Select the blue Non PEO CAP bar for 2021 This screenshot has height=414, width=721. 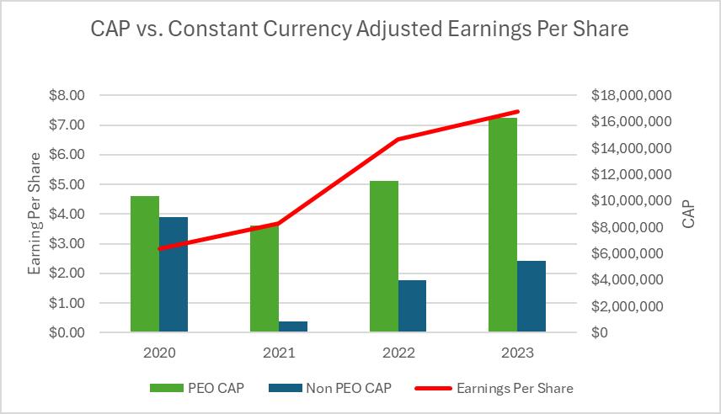pyautogui.click(x=292, y=326)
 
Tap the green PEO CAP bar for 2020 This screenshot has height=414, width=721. pyautogui.click(x=145, y=264)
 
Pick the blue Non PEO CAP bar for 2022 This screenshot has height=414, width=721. pyautogui.click(x=413, y=306)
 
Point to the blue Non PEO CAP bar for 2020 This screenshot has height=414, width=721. pyautogui.click(x=174, y=274)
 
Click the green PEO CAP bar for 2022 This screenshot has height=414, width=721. pyautogui.click(x=383, y=257)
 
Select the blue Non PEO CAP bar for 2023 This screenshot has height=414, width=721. pyautogui.click(x=531, y=296)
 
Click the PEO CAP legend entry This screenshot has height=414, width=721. pyautogui.click(x=199, y=388)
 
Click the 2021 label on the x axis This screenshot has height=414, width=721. pyautogui.click(x=278, y=353)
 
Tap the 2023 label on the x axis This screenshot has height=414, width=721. pyautogui.click(x=516, y=353)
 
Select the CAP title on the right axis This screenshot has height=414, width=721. pyautogui.click(x=688, y=215)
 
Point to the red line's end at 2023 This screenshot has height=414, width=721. pyautogui.click(x=517, y=111)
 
